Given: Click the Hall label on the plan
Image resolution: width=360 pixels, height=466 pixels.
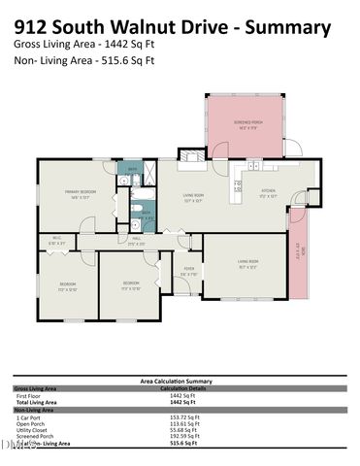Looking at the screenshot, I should [137, 243].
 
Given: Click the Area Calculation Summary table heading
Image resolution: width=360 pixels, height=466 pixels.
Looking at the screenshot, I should [177, 382].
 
